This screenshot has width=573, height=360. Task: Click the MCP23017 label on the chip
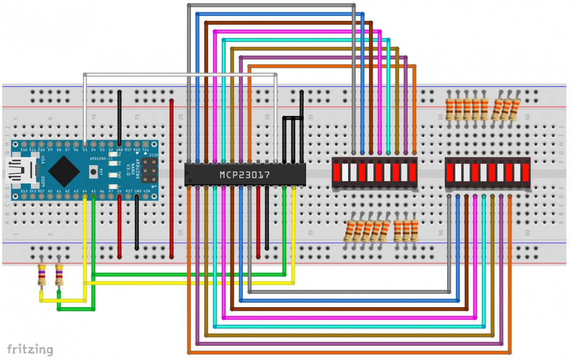[244, 175]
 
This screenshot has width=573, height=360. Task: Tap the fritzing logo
[30, 349]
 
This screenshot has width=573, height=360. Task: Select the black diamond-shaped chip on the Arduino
[64, 171]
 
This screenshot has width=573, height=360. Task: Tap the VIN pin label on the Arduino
[146, 191]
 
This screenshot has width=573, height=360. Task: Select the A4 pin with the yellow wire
[85, 196]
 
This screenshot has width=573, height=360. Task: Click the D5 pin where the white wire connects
[85, 144]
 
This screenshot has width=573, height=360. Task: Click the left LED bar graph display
[374, 172]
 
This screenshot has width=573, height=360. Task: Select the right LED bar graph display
[488, 172]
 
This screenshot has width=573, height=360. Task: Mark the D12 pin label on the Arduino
[24, 150]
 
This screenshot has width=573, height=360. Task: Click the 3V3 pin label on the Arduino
[33, 191]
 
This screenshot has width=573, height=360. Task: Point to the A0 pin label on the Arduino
[50, 191]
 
